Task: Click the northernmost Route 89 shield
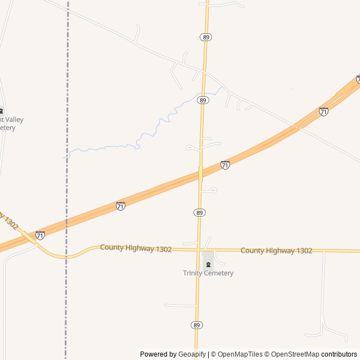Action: tap(205, 37)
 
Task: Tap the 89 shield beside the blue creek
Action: tap(203, 100)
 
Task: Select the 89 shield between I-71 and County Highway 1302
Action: tap(200, 213)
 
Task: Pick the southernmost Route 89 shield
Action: tap(196, 325)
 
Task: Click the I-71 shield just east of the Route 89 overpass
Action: tap(225, 165)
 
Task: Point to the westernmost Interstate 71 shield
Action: tap(40, 235)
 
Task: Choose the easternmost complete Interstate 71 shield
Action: tap(323, 111)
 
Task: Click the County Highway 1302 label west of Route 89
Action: tap(136, 248)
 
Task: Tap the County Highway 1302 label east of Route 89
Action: tap(276, 250)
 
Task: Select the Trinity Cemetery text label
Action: tap(208, 273)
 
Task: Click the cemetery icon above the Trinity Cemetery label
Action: tap(208, 264)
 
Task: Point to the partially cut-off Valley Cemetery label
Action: tap(11, 124)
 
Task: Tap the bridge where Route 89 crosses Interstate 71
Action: tap(200, 174)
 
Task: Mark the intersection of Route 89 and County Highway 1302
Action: tap(198, 249)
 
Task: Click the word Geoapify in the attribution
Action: tap(192, 354)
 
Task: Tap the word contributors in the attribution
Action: tap(339, 354)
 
